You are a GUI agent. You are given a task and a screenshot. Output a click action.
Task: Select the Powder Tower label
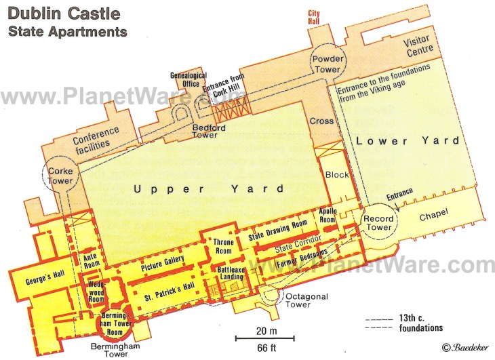point(328,64)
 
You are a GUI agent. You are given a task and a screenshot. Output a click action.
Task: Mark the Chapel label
point(434,217)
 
